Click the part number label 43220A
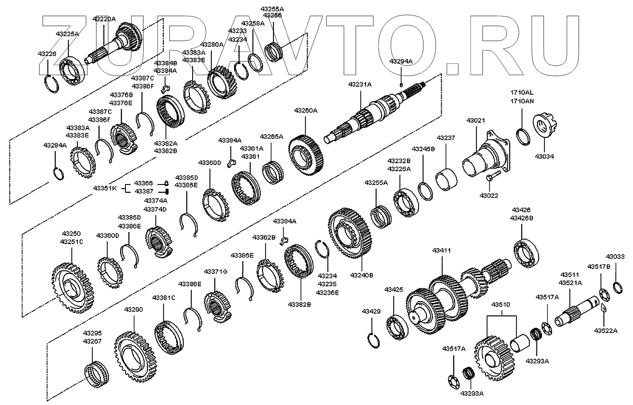click(x=104, y=19)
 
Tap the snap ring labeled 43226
click(x=52, y=83)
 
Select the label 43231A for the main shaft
click(x=359, y=84)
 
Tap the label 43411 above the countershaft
click(x=441, y=251)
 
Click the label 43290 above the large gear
click(x=133, y=309)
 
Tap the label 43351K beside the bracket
click(x=105, y=188)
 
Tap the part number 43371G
click(x=215, y=271)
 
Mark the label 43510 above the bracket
click(x=501, y=305)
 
